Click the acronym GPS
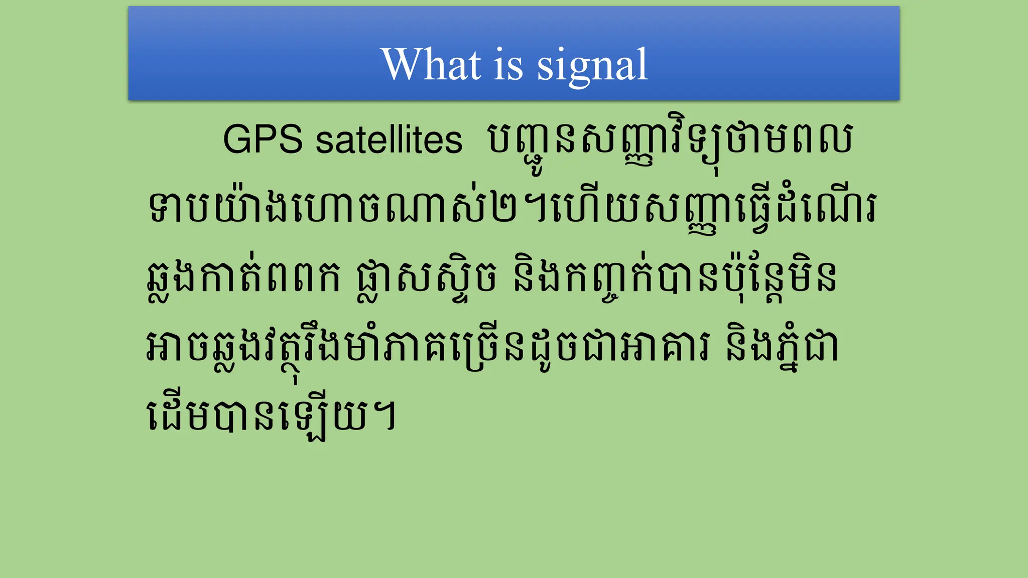[263, 139]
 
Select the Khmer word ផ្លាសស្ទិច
[427, 278]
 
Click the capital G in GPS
[237, 139]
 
